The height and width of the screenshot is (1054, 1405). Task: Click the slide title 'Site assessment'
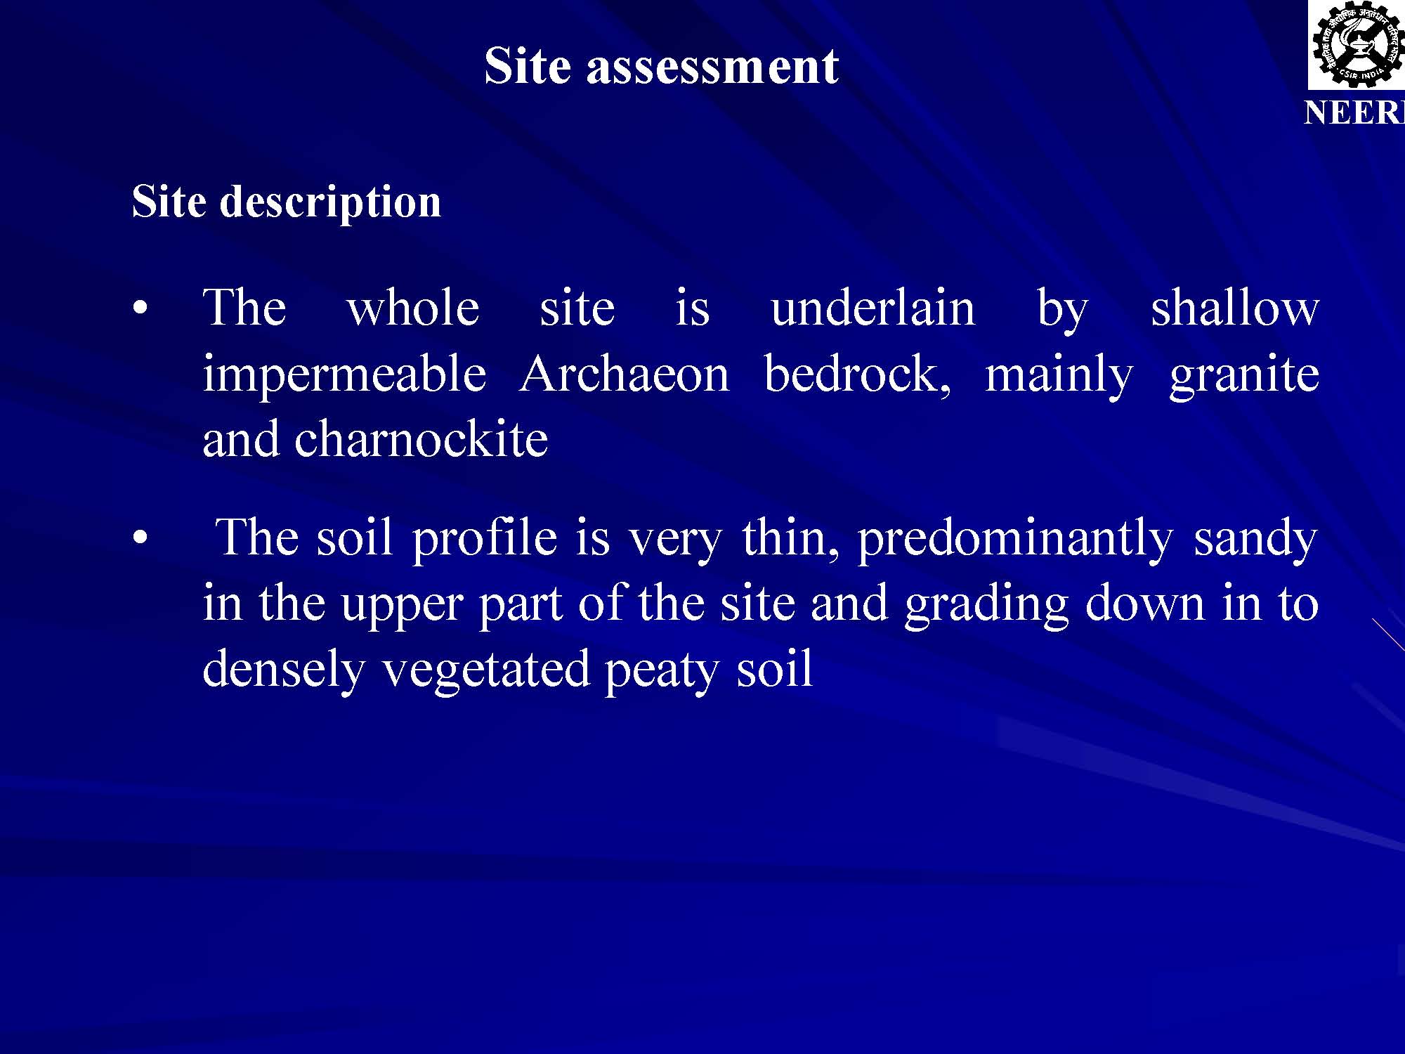[661, 66]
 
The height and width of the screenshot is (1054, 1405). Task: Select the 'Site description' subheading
[287, 203]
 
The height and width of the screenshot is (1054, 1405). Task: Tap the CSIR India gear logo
[1356, 45]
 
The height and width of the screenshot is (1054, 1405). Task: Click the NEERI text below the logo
[1354, 112]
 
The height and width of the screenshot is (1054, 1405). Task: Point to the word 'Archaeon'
[625, 374]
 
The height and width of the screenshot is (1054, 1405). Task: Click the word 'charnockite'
[421, 439]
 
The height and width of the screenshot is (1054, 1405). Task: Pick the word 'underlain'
[873, 308]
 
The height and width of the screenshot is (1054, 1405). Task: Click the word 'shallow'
[1235, 308]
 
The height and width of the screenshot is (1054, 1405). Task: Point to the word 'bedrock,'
[857, 375]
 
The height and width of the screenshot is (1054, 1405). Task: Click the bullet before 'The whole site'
[140, 309]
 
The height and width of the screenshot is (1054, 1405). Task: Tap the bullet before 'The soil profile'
[140, 539]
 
